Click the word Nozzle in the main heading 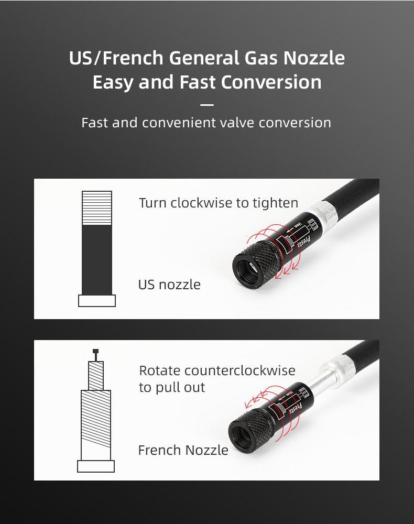(314, 58)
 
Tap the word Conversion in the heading (271, 82)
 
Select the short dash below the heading (207, 105)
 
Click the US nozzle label (169, 285)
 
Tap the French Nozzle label (183, 450)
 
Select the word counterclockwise (240, 370)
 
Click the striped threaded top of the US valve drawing (97, 208)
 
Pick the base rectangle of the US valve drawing (97, 301)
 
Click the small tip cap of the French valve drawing (95, 351)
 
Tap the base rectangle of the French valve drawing (96, 466)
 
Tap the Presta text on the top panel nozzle (304, 242)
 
